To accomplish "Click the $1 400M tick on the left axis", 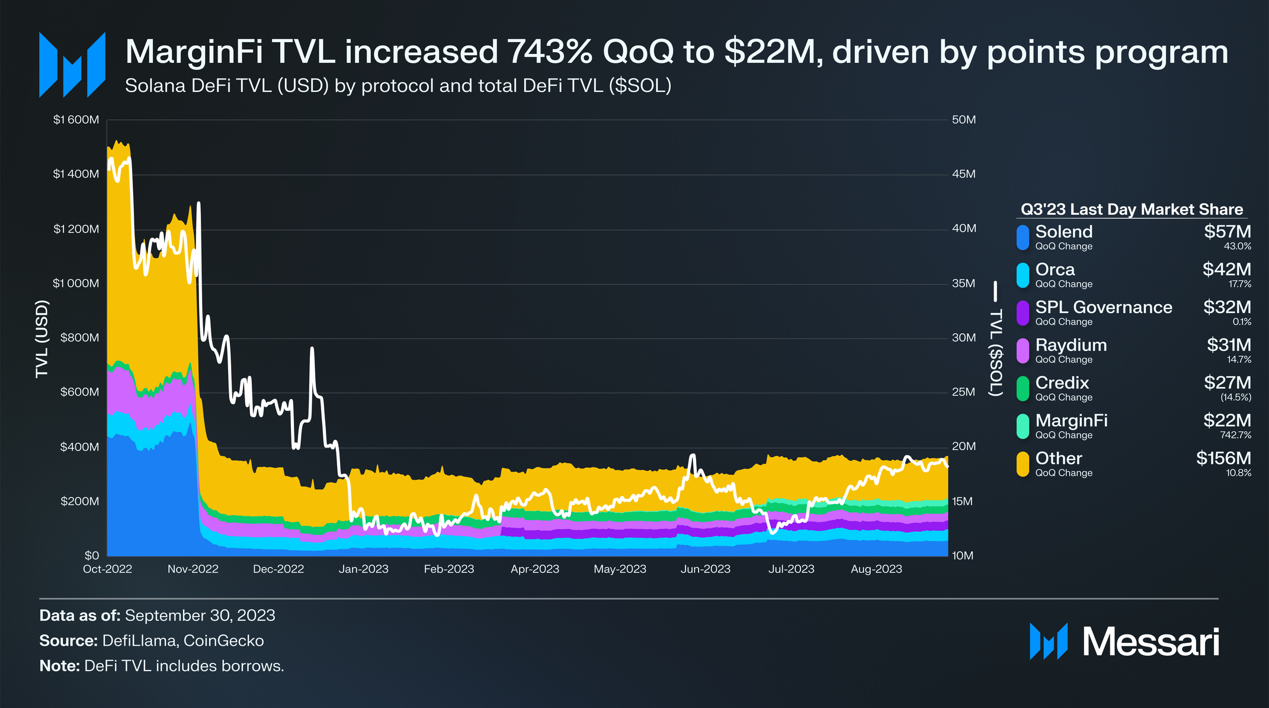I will tap(76, 174).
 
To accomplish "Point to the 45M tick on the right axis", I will tap(963, 174).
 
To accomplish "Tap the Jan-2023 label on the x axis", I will tap(363, 569).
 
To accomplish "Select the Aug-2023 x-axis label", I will tap(876, 569).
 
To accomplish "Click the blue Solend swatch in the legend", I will tap(1023, 237).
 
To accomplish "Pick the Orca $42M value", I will tap(1226, 270).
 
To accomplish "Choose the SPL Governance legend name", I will tap(1103, 307).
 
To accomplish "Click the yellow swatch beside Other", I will tap(1023, 464).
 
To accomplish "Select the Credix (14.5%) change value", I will tap(1236, 397).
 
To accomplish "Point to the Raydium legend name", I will tap(1071, 345).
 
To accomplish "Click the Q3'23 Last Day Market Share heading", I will tap(1132, 209).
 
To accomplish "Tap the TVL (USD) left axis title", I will tap(41, 339).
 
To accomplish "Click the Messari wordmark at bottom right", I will tap(1151, 642).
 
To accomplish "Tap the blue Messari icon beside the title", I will tap(72, 65).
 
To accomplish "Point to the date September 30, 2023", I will tap(200, 615).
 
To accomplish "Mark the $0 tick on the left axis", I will tap(91, 556).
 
